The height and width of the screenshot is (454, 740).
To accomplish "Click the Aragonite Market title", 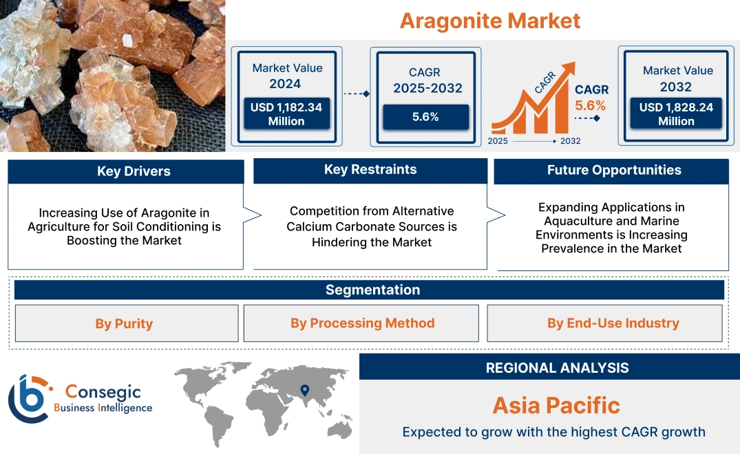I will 490,21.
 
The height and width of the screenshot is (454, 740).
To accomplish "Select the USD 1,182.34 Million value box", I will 286,114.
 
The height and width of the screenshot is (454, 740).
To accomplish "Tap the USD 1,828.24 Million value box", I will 676,114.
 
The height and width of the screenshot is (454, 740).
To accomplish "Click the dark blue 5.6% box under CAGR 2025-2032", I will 425,117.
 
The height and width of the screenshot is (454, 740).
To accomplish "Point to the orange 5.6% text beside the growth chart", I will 590,105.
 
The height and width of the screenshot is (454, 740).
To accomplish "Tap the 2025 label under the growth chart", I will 499,141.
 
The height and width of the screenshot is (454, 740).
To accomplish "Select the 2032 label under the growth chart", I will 570,141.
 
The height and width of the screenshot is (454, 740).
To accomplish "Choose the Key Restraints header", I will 370,170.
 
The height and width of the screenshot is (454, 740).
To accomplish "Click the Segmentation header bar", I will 372,290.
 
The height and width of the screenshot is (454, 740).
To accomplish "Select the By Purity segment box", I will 125,323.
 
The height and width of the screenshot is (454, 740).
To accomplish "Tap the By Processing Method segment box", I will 362,323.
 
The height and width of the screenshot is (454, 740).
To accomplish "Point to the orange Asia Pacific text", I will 556,405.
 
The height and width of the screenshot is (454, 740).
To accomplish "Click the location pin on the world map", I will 304,391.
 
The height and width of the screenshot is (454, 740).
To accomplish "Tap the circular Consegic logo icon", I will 28,398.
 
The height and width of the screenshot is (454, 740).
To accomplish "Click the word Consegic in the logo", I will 103,392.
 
